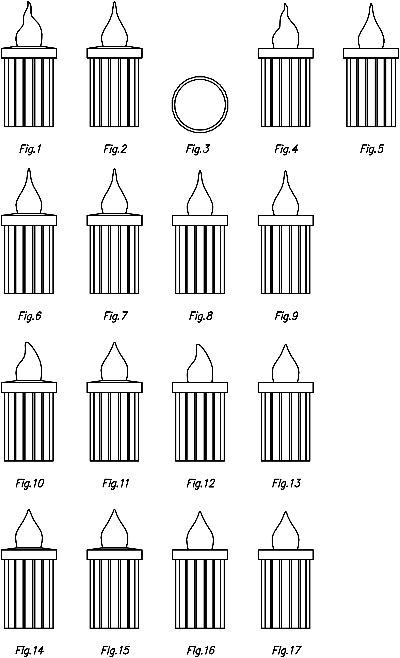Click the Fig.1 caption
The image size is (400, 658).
[x=30, y=149]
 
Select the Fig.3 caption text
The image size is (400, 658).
[x=198, y=149]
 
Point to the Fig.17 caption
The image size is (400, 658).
[x=286, y=650]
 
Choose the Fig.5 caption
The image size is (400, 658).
[x=372, y=149]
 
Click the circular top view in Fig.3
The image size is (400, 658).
[x=200, y=104]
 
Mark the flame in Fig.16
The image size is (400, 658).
[x=200, y=534]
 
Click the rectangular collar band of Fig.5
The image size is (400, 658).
[x=371, y=53]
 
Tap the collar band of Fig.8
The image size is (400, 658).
[x=200, y=220]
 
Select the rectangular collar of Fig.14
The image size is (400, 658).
[x=29, y=555]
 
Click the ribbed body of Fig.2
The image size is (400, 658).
[x=114, y=92]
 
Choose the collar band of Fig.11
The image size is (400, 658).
[x=114, y=388]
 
